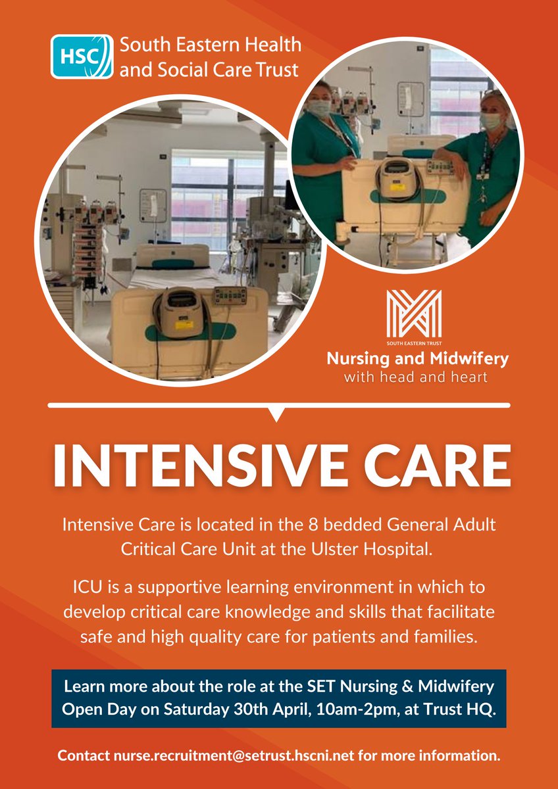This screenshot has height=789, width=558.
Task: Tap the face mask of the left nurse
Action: (320, 108)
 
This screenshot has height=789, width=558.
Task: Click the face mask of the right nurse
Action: (490, 122)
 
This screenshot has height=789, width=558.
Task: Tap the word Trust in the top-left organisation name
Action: (275, 68)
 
